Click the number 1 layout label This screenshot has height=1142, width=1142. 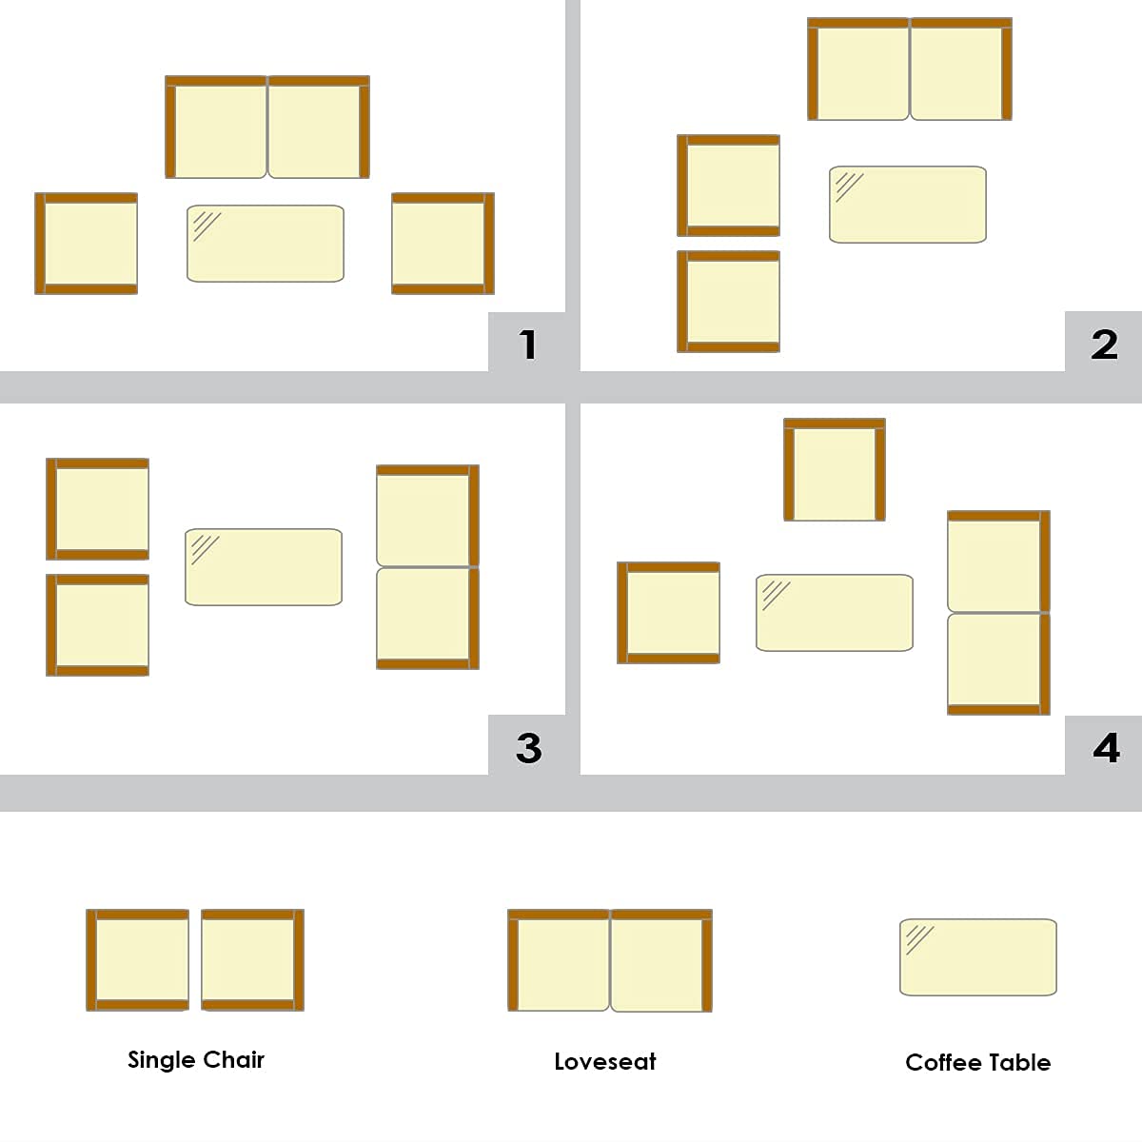click(x=528, y=344)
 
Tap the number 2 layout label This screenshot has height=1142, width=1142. click(x=1104, y=344)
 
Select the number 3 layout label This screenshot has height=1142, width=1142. click(x=528, y=748)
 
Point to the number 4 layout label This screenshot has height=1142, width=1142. click(x=1105, y=748)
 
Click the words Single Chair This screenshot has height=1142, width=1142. click(x=196, y=1059)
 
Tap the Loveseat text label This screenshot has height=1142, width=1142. click(x=605, y=1061)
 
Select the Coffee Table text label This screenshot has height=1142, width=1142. click(x=977, y=1062)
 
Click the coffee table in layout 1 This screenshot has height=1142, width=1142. click(x=266, y=244)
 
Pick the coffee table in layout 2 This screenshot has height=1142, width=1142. click(x=908, y=205)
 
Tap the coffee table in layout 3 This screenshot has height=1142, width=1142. click(x=264, y=567)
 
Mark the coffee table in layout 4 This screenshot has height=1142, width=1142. click(x=835, y=613)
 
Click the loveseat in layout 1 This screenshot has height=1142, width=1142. click(x=267, y=128)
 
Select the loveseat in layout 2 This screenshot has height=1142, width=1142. click(x=910, y=69)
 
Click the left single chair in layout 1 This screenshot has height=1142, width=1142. click(x=87, y=244)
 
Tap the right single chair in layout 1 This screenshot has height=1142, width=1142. click(x=443, y=244)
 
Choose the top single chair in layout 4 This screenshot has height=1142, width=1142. click(x=835, y=470)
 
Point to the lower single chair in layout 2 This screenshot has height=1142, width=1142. click(x=729, y=302)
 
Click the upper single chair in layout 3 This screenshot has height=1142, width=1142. click(x=98, y=509)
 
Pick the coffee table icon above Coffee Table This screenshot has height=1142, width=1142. click(x=978, y=957)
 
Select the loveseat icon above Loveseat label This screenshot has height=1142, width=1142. click(x=610, y=960)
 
